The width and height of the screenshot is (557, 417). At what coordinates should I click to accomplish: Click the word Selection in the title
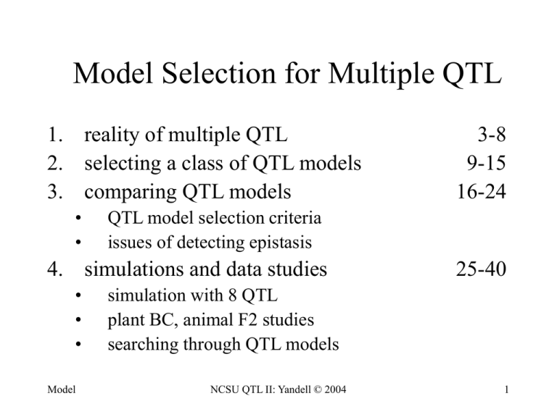point(219,73)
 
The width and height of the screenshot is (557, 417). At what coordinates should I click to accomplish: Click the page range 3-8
point(492,135)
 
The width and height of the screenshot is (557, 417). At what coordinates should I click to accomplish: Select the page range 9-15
point(487,163)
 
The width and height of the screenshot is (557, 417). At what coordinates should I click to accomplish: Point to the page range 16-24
point(482,191)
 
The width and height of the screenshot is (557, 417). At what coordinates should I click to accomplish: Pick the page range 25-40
point(482,269)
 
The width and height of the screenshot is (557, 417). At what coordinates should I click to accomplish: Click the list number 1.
point(54,135)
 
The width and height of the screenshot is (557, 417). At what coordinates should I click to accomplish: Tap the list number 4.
point(55,269)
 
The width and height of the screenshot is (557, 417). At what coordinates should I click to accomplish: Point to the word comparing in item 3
point(130,193)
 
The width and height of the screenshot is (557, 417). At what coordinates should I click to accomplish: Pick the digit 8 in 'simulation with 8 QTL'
point(233,295)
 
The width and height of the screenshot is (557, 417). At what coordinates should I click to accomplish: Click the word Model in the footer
point(62,389)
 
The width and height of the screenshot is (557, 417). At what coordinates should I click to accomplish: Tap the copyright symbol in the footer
point(317,389)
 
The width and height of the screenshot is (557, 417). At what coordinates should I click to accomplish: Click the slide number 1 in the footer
point(506,389)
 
